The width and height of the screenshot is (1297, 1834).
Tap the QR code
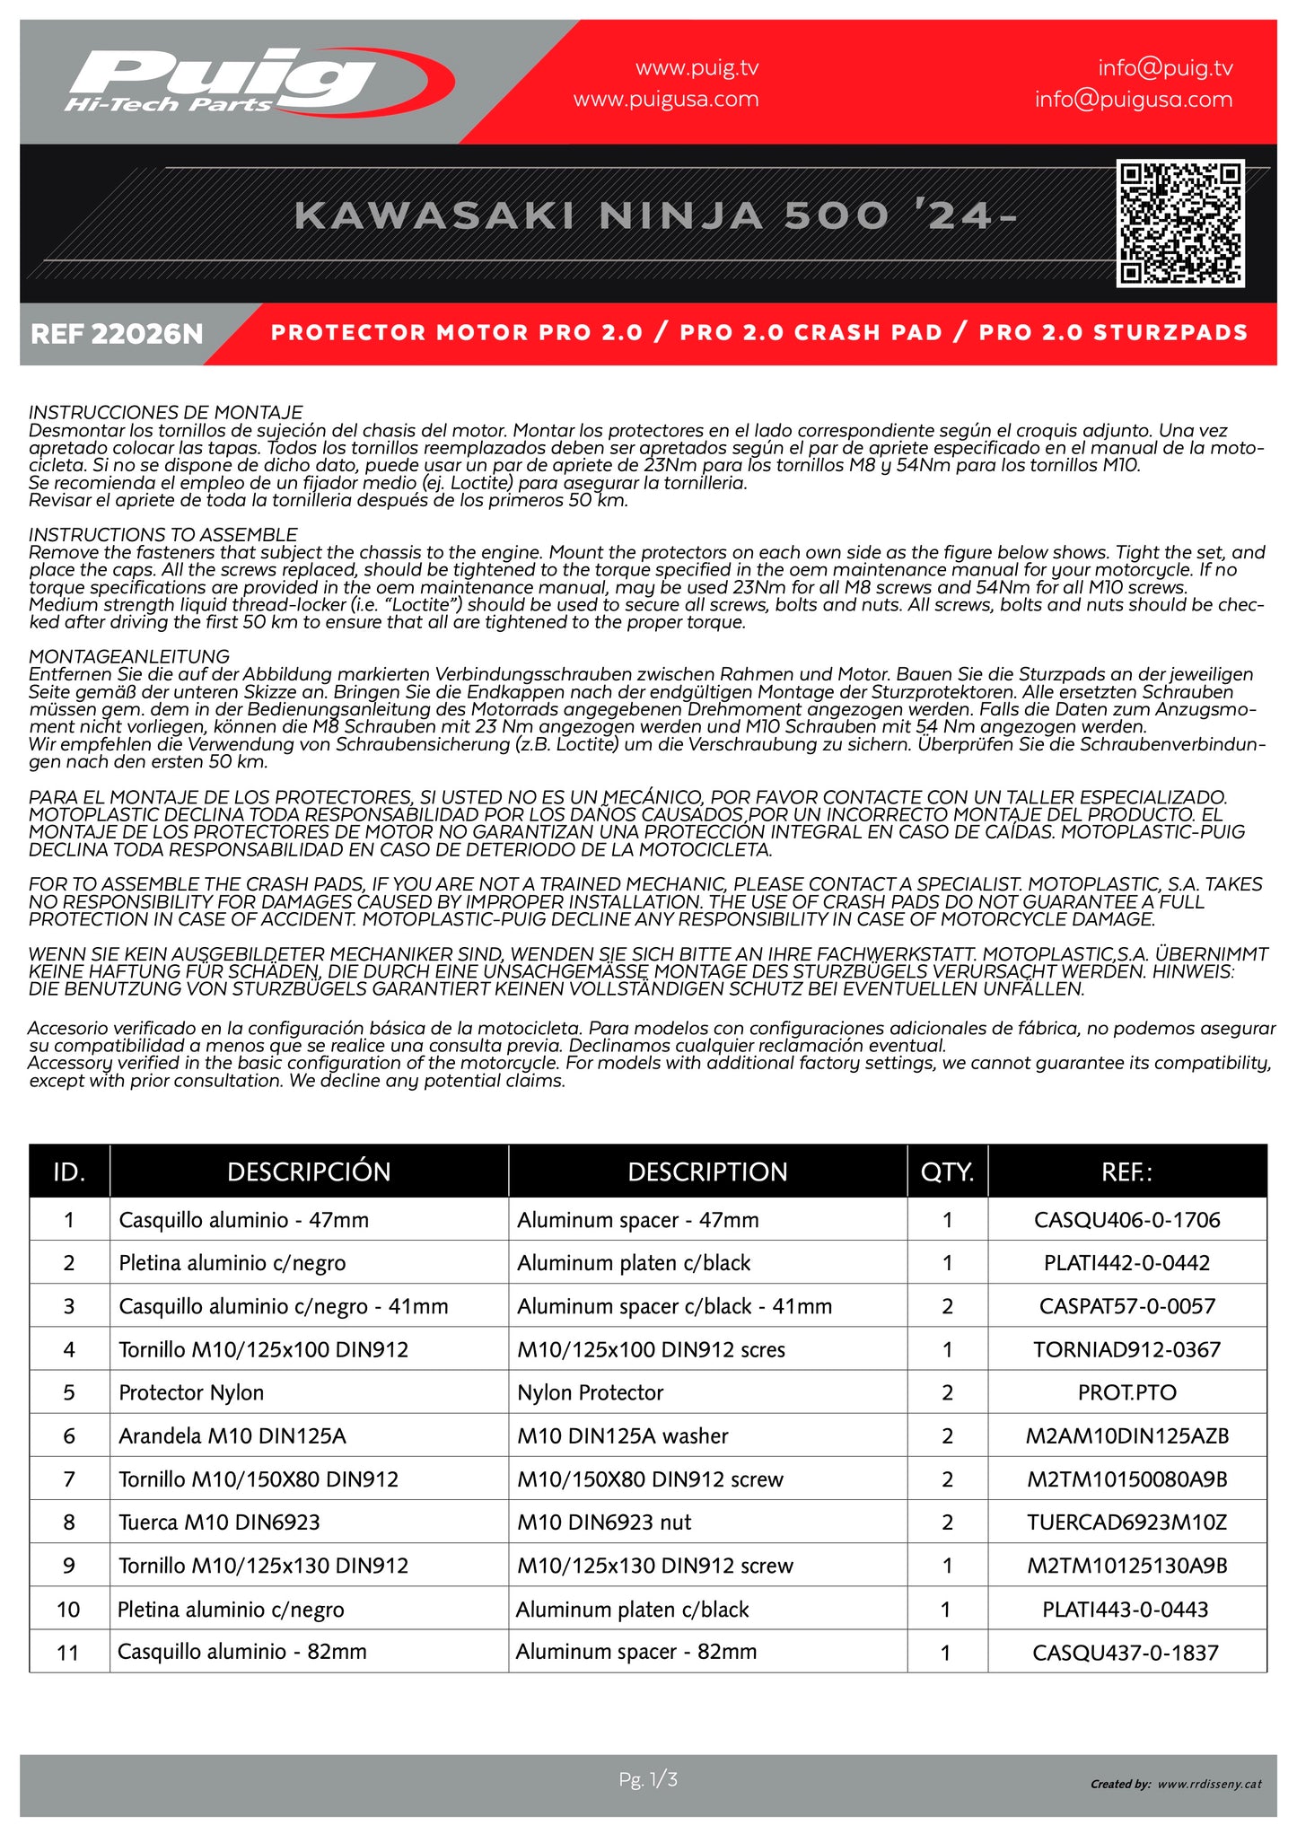pyautogui.click(x=1179, y=224)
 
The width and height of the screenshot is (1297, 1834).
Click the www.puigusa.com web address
pyautogui.click(x=666, y=100)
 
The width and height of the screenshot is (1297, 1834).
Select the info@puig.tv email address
pyautogui.click(x=1165, y=68)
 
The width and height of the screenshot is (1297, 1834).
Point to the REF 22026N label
pyautogui.click(x=117, y=334)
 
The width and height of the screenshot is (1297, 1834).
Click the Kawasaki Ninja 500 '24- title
pyautogui.click(x=655, y=216)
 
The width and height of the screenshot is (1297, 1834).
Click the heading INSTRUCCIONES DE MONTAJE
pyautogui.click(x=166, y=412)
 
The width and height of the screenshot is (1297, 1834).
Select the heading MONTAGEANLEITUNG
pyautogui.click(x=129, y=656)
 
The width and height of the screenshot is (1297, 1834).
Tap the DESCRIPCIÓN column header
pyautogui.click(x=309, y=1171)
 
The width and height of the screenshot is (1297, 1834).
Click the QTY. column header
pyautogui.click(x=947, y=1171)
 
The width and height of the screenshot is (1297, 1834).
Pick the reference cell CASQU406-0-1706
pyautogui.click(x=1126, y=1220)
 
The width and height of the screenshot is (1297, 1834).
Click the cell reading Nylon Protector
pyautogui.click(x=590, y=1392)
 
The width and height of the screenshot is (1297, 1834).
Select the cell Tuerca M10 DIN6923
pyautogui.click(x=219, y=1522)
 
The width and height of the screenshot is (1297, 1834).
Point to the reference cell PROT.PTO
pyautogui.click(x=1126, y=1392)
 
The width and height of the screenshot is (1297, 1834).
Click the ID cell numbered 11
pyautogui.click(x=68, y=1652)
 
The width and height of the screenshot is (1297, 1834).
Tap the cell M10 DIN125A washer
pyautogui.click(x=622, y=1435)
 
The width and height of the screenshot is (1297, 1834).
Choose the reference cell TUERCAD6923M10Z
pyautogui.click(x=1126, y=1522)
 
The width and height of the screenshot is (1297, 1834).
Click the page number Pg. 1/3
pyautogui.click(x=648, y=1778)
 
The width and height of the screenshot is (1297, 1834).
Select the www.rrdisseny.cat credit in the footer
pyautogui.click(x=1209, y=1784)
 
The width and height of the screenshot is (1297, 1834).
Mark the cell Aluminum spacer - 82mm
pyautogui.click(x=635, y=1651)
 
